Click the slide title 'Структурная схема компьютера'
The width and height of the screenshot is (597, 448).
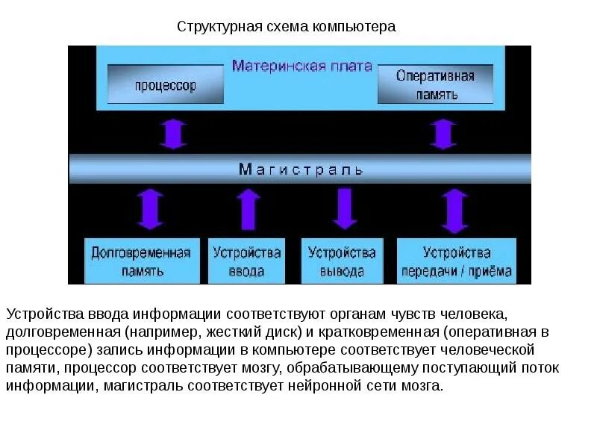click(x=286, y=27)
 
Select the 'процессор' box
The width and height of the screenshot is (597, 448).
click(x=166, y=84)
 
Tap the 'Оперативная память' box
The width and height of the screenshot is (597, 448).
click(x=435, y=84)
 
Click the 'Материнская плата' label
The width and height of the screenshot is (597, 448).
click(x=301, y=66)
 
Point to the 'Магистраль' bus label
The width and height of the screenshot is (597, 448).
click(x=301, y=169)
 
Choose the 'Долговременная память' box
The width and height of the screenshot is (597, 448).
click(x=141, y=261)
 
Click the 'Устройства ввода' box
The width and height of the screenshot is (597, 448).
click(x=247, y=261)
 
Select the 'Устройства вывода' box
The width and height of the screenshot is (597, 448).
click(x=342, y=261)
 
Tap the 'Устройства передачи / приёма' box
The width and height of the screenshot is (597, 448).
click(x=456, y=261)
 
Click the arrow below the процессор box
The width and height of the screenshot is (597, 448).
click(x=173, y=134)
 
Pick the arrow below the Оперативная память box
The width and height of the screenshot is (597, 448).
click(x=444, y=134)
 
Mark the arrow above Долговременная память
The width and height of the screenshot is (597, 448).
click(x=151, y=209)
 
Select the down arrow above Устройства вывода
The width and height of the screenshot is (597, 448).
click(x=344, y=209)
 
